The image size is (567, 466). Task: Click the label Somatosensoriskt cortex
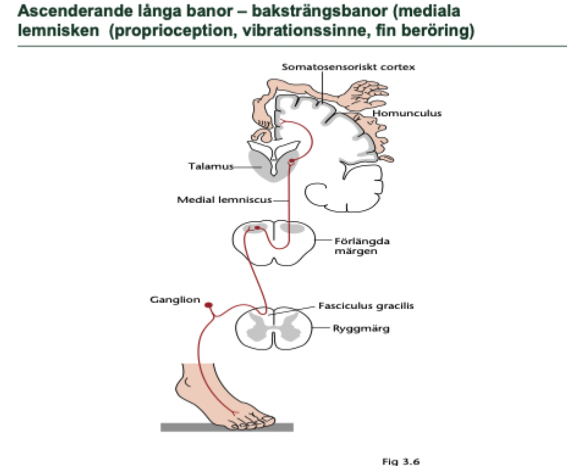348,67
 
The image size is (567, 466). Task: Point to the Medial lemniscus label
224,199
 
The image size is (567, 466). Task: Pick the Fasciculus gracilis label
365,306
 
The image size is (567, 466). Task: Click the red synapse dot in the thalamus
293,162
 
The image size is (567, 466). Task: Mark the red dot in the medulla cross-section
257,228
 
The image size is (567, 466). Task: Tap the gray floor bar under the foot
227,427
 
